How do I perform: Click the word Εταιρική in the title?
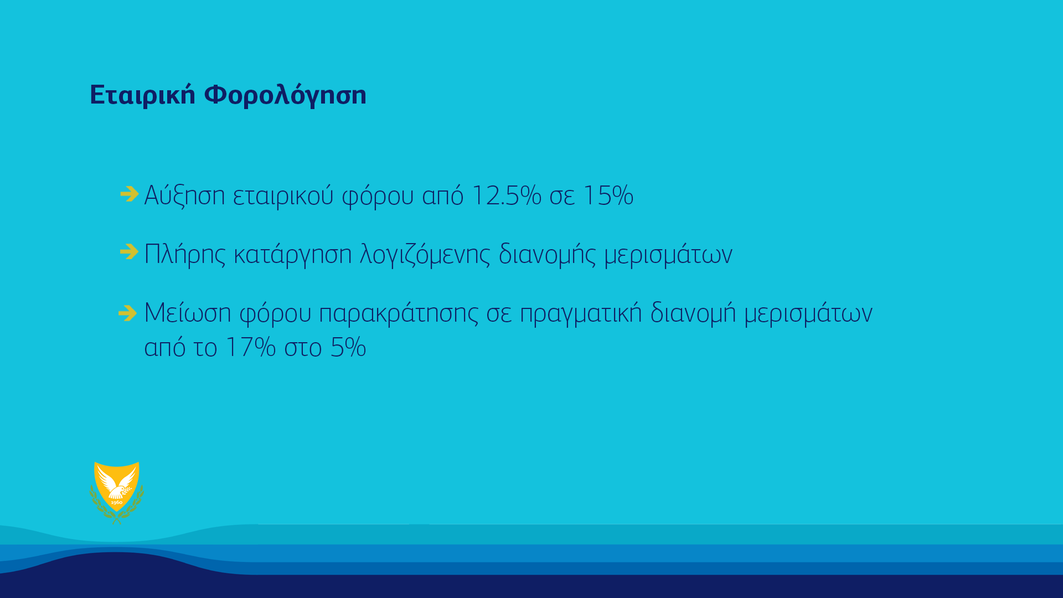(142, 95)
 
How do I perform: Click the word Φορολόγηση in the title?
(285, 95)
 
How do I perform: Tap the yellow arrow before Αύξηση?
(130, 194)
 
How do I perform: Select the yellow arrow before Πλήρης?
(130, 251)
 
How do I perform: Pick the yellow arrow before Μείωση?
(128, 313)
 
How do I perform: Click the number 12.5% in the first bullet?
(506, 195)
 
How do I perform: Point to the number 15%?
(608, 195)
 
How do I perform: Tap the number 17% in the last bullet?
(251, 348)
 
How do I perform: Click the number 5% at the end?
(348, 348)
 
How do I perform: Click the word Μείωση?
(188, 313)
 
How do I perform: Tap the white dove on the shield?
(116, 484)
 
